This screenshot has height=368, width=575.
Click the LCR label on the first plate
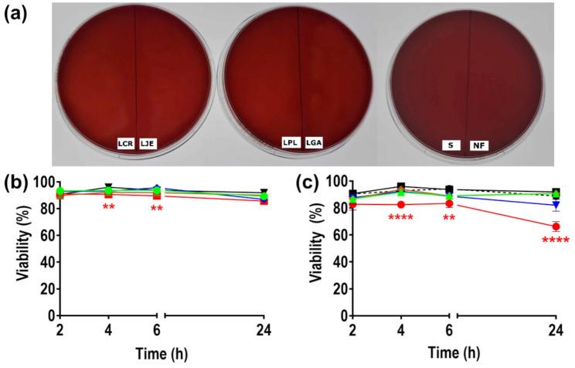[125, 144]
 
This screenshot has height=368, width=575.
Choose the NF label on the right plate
[478, 145]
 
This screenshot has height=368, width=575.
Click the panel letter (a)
[17, 15]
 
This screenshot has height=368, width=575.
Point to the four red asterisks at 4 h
[400, 217]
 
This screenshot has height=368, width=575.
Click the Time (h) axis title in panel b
[157, 356]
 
